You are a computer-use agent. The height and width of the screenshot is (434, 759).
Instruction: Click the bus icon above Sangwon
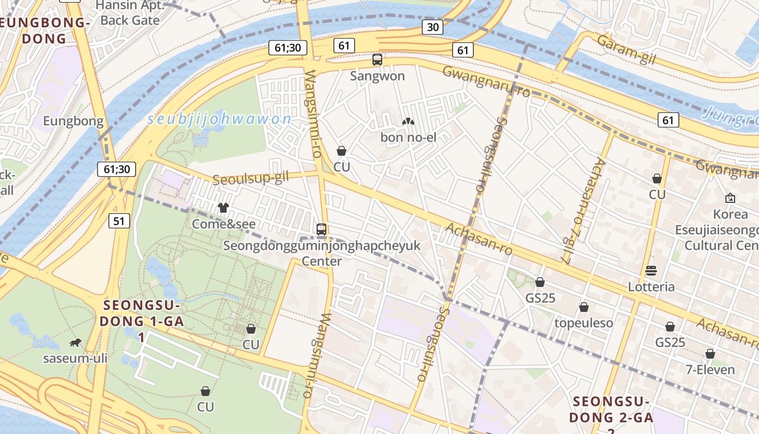pyautogui.click(x=377, y=60)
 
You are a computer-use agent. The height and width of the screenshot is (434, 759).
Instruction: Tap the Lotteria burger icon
pyautogui.click(x=651, y=271)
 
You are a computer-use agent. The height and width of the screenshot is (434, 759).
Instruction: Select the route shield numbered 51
pyautogui.click(x=119, y=221)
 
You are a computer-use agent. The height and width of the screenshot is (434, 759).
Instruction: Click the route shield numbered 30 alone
pyautogui.click(x=433, y=28)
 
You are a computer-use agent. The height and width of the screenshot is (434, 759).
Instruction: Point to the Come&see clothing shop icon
pyautogui.click(x=223, y=208)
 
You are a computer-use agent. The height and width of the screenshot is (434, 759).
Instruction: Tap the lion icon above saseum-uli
pyautogui.click(x=75, y=342)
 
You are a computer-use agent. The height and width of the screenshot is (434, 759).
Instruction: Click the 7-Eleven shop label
pyautogui.click(x=710, y=370)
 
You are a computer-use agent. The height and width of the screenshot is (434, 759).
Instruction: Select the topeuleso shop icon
pyautogui.click(x=584, y=308)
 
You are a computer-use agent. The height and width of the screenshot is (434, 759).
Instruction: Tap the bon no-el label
pyautogui.click(x=408, y=137)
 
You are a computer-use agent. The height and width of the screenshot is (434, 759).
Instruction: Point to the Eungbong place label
pyautogui.click(x=73, y=121)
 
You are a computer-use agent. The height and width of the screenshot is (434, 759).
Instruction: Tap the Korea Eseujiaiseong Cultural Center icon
pyautogui.click(x=730, y=199)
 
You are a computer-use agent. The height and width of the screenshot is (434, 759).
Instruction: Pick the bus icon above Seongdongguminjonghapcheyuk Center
pyautogui.click(x=321, y=229)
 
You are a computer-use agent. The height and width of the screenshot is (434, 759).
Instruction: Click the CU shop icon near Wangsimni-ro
pyautogui.click(x=342, y=151)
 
